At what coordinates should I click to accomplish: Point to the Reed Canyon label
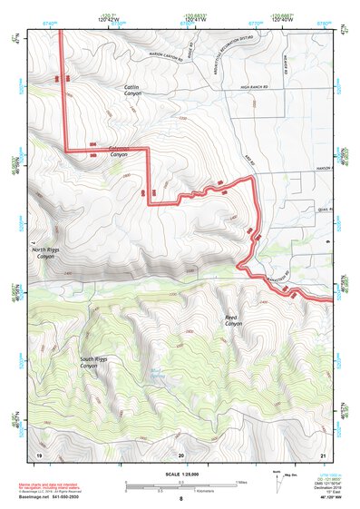click(x=234, y=320)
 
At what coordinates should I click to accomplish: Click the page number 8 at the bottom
click(x=180, y=499)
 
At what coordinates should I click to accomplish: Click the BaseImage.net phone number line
click(x=47, y=496)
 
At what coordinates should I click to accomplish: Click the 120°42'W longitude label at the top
click(x=108, y=19)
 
